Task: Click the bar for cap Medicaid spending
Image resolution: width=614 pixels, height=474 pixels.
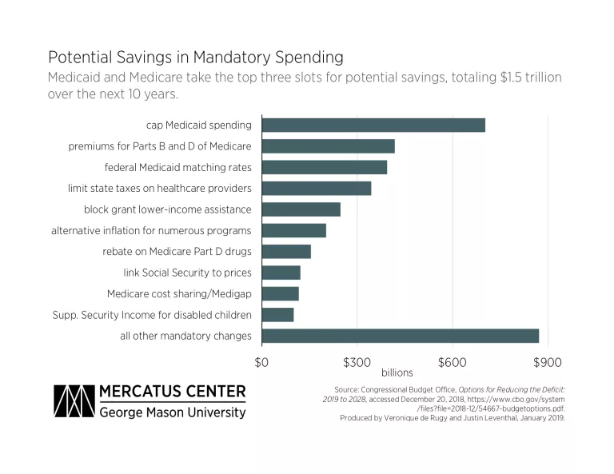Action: pos(373,125)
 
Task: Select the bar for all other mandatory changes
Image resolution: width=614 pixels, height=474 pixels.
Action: pos(400,336)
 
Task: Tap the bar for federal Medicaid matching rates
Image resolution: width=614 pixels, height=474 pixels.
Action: pos(324,167)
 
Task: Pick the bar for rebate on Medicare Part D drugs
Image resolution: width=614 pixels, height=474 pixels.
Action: pos(286,252)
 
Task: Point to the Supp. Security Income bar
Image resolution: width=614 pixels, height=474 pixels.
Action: pos(277,315)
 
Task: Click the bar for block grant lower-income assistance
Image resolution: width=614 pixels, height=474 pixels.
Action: pos(301,209)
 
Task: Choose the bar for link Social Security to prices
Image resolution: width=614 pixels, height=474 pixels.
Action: pos(281,273)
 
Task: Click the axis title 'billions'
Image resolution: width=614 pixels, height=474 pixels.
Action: pos(397,372)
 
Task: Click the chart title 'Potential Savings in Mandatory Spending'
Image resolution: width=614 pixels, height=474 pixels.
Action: pos(196,58)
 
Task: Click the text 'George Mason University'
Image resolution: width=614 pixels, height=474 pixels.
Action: pos(173,412)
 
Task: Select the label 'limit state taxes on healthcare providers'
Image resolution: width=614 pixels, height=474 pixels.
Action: pos(160,189)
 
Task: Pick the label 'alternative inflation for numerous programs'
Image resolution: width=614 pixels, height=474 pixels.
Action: pos(151,230)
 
